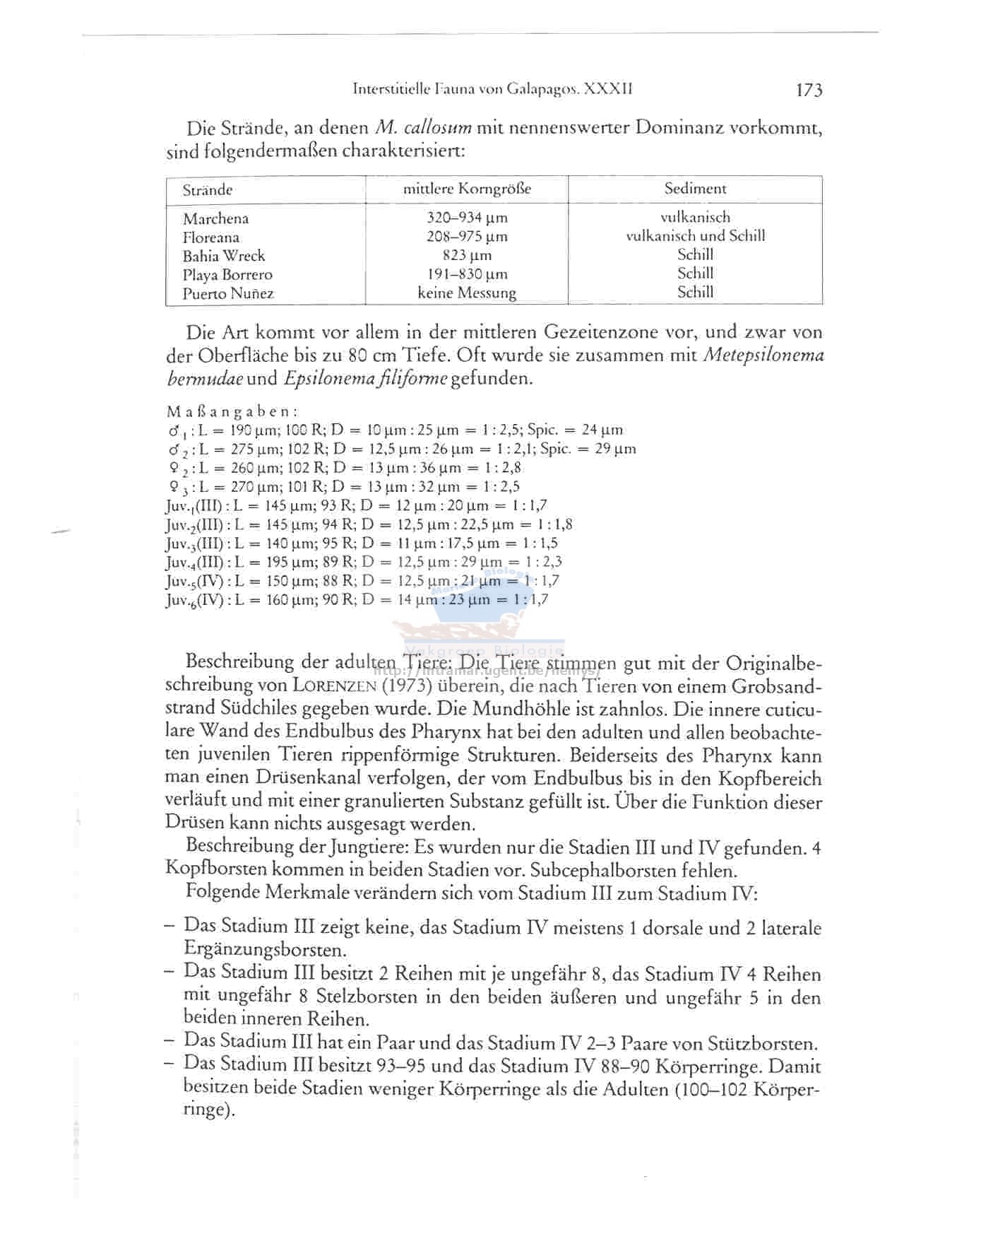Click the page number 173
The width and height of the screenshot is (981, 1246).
(808, 90)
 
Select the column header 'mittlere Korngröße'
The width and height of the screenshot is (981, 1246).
(467, 189)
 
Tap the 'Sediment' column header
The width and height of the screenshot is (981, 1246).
(695, 188)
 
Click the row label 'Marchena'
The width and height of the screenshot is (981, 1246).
(215, 218)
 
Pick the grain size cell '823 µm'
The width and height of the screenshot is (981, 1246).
(467, 255)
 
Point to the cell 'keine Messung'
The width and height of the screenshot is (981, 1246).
(467, 293)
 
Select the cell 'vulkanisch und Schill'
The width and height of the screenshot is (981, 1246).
(695, 236)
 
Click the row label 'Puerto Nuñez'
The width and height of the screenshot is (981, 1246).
(227, 293)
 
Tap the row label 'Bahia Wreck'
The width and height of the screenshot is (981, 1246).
(223, 256)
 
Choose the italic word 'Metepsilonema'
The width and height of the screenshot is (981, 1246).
(764, 355)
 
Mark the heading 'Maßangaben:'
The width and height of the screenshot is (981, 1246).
(232, 411)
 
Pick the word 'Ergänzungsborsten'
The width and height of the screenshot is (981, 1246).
(265, 949)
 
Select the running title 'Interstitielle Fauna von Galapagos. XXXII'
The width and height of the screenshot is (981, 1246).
(492, 90)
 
